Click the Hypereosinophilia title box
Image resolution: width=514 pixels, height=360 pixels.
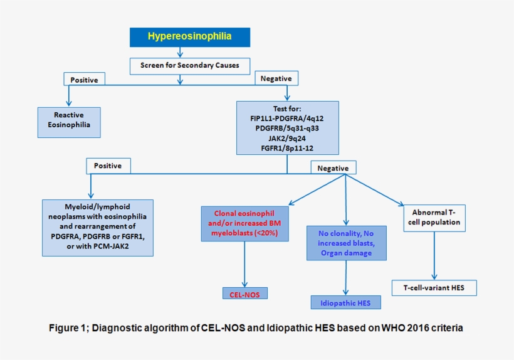pyautogui.click(x=189, y=36)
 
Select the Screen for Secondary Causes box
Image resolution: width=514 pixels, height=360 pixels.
pyautogui.click(x=189, y=65)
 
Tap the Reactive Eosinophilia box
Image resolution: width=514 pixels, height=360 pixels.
pyautogui.click(x=68, y=120)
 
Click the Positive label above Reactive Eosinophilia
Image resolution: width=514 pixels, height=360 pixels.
pyautogui.click(x=84, y=79)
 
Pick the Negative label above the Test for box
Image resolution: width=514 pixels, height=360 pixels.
pyautogui.click(x=276, y=78)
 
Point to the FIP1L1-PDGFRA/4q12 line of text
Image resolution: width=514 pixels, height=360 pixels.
pyautogui.click(x=287, y=118)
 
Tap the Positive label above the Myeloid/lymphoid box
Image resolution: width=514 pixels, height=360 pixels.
pyautogui.click(x=108, y=166)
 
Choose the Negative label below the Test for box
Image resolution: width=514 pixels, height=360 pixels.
pyautogui.click(x=333, y=167)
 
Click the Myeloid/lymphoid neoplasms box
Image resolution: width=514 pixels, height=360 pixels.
pyautogui.click(x=97, y=227)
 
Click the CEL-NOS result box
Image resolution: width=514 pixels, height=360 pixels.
pyautogui.click(x=244, y=293)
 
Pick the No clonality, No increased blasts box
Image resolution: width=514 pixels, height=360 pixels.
pyautogui.click(x=346, y=243)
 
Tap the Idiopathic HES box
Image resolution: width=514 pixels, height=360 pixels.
pyautogui.click(x=345, y=302)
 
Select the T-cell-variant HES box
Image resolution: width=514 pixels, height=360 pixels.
pyautogui.click(x=434, y=288)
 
